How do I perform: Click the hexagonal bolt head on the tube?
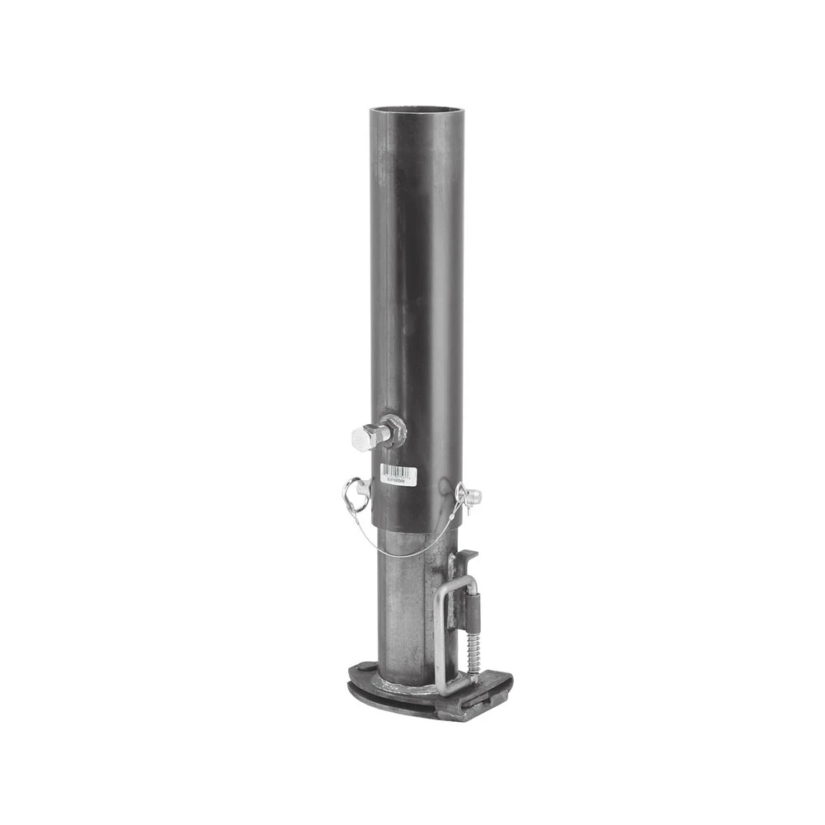coord(363,438)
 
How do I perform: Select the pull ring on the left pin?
coord(353,494)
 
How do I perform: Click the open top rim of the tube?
coord(416,109)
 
